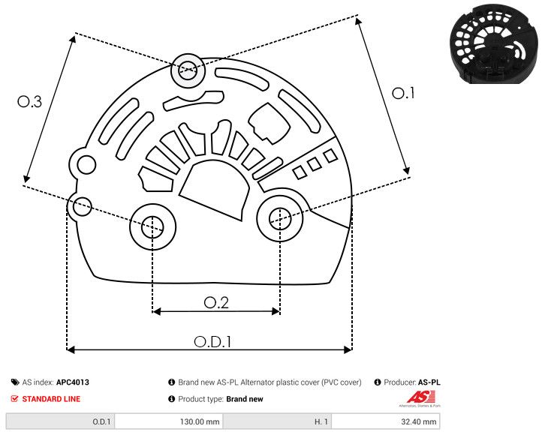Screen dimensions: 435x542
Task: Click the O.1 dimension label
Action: point(403,94)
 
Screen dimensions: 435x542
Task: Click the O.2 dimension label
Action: point(216,302)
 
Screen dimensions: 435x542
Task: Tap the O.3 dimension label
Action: point(29,103)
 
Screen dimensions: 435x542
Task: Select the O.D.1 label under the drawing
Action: point(212,341)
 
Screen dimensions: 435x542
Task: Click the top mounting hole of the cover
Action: point(186,72)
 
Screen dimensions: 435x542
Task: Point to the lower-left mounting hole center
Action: point(152,225)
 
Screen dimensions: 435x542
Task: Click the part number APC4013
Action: point(73,382)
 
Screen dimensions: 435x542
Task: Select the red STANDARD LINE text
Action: point(51,399)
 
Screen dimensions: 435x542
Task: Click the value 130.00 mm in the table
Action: point(198,422)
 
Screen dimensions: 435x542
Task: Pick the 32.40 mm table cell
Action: point(414,422)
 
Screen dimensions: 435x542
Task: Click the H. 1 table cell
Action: point(321,422)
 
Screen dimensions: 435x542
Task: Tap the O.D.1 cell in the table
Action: point(101,422)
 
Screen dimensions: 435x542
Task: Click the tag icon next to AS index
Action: point(15,382)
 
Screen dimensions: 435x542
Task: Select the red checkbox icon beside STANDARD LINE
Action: point(15,399)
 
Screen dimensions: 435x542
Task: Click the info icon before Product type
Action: point(171,399)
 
